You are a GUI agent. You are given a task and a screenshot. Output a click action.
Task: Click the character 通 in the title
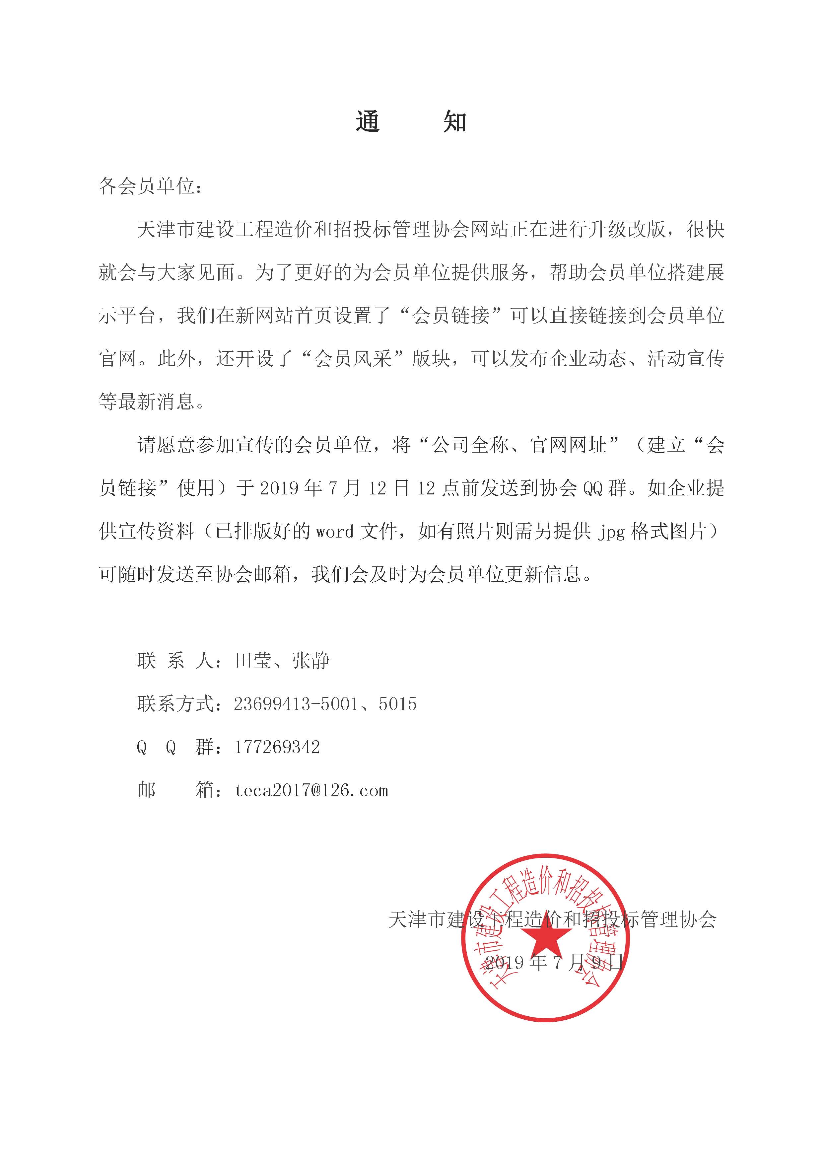pyautogui.click(x=368, y=122)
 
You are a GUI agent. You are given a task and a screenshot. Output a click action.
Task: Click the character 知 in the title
pyautogui.click(x=454, y=122)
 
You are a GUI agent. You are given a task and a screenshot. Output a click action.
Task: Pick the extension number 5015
pyautogui.click(x=397, y=704)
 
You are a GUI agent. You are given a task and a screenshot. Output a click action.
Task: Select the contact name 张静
pyautogui.click(x=310, y=661)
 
